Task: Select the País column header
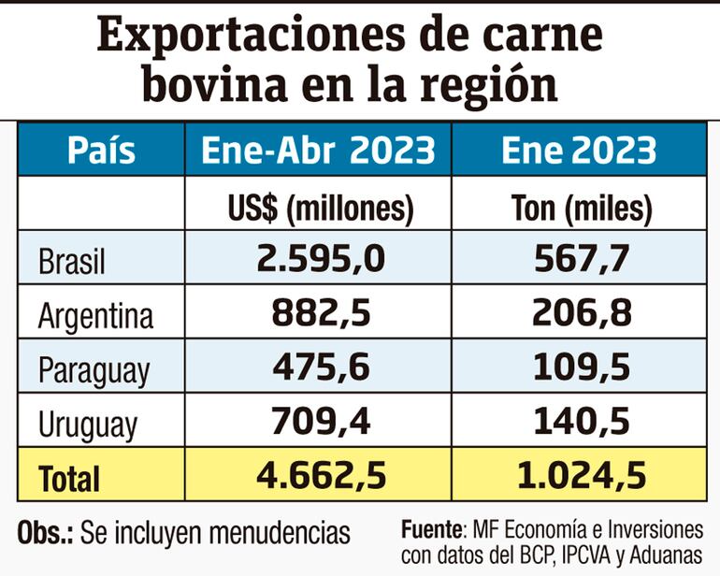[x=101, y=151]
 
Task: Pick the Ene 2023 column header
[x=578, y=151]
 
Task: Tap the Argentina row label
[x=95, y=317]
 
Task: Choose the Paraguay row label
[x=94, y=371]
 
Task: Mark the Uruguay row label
[x=88, y=425]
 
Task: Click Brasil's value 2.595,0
[x=320, y=259]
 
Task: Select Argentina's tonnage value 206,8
[x=581, y=313]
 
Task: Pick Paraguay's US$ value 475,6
[x=320, y=367]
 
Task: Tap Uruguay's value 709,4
[x=320, y=421]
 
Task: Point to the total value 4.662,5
[x=320, y=476]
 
